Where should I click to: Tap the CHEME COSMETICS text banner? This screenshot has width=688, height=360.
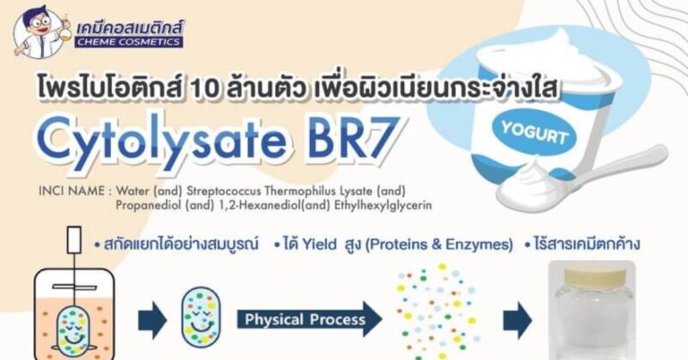point(129,42)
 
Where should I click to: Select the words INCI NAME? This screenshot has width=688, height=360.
point(72,191)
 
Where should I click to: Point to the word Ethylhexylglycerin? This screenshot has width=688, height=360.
point(383,205)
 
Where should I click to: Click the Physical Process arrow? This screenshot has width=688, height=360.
point(309,319)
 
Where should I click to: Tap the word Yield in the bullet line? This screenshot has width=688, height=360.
point(319,244)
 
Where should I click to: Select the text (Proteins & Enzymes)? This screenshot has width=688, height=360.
point(439,244)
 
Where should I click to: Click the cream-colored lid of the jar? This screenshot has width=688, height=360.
point(593,276)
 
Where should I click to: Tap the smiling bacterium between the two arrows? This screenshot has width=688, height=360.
point(201,320)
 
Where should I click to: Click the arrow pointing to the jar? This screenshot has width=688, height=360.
point(517,320)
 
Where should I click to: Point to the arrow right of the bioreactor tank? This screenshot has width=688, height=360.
point(151,320)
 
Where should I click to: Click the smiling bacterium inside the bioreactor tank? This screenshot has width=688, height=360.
point(73,331)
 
